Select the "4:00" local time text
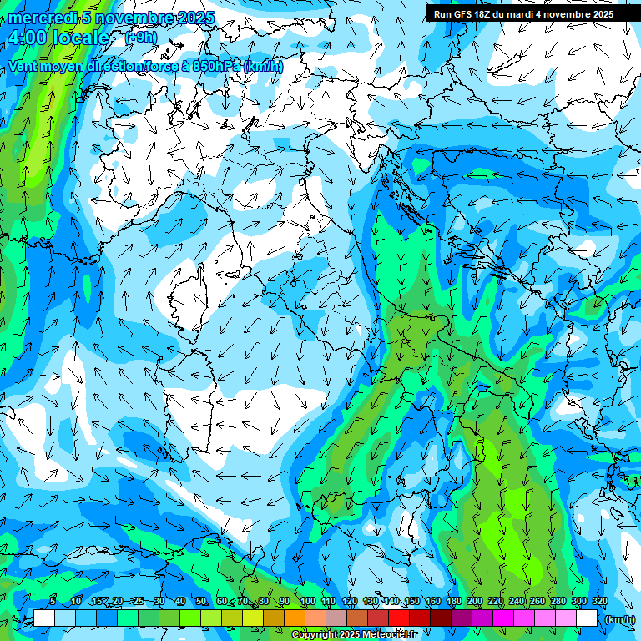(x=25, y=38)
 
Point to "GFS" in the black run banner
(x=462, y=14)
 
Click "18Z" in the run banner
(x=487, y=14)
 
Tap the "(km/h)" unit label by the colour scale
(x=618, y=619)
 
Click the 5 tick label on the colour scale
(x=53, y=602)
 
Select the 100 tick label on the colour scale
(x=307, y=602)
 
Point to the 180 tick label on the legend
(x=454, y=602)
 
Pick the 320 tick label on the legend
(x=600, y=602)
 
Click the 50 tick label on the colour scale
(x=201, y=602)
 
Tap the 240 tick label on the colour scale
(x=517, y=602)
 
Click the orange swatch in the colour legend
(x=295, y=618)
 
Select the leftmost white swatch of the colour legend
(x=44, y=618)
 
